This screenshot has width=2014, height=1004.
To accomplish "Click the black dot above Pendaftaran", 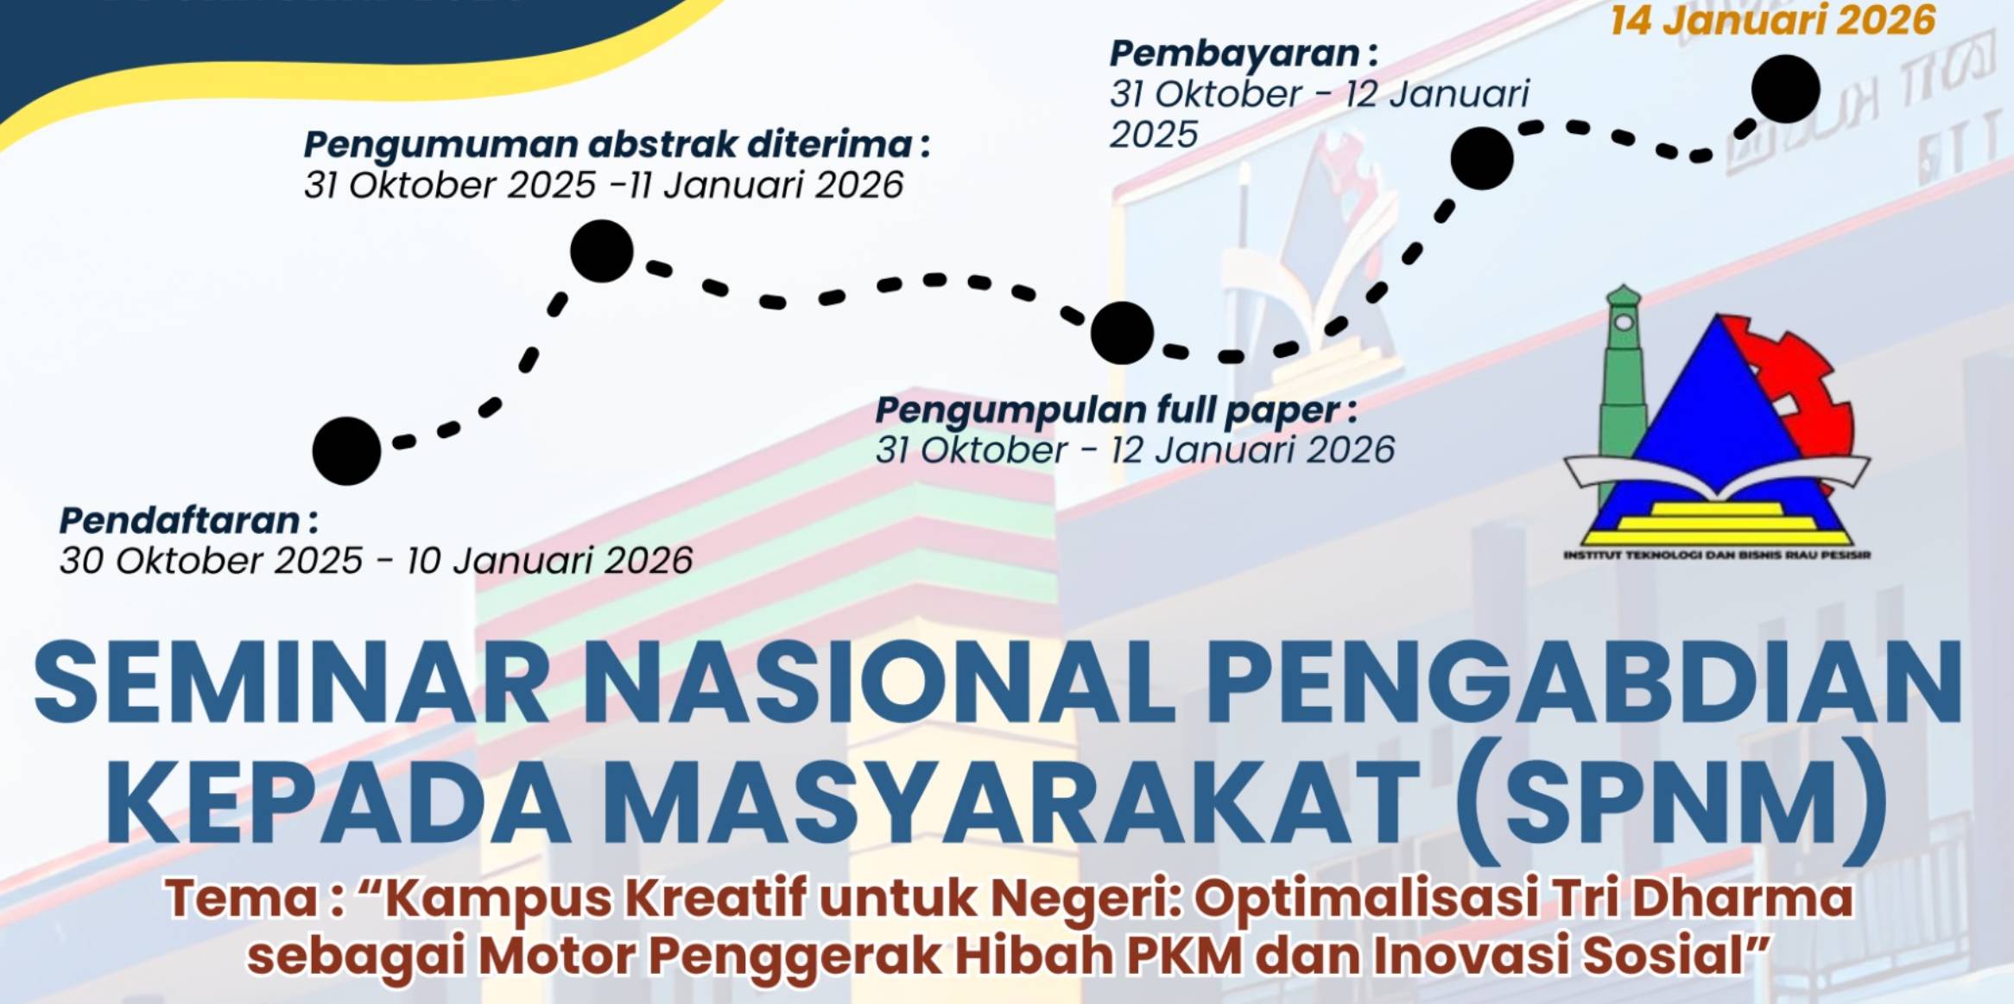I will tap(346, 451).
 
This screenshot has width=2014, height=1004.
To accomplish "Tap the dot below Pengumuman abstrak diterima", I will tap(602, 251).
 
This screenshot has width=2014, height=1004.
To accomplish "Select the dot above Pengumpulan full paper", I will tap(1122, 333).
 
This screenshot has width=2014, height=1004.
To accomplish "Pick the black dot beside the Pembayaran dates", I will tap(1482, 158).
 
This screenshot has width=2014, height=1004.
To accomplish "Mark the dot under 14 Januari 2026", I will tap(1785, 89).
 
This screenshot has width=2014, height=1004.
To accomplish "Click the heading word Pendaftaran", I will tap(180, 521).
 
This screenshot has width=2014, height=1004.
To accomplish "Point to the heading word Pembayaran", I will tap(1235, 54).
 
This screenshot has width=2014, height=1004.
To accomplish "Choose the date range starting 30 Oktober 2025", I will tap(376, 561).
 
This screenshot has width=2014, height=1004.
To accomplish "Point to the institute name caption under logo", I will tap(1716, 555).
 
